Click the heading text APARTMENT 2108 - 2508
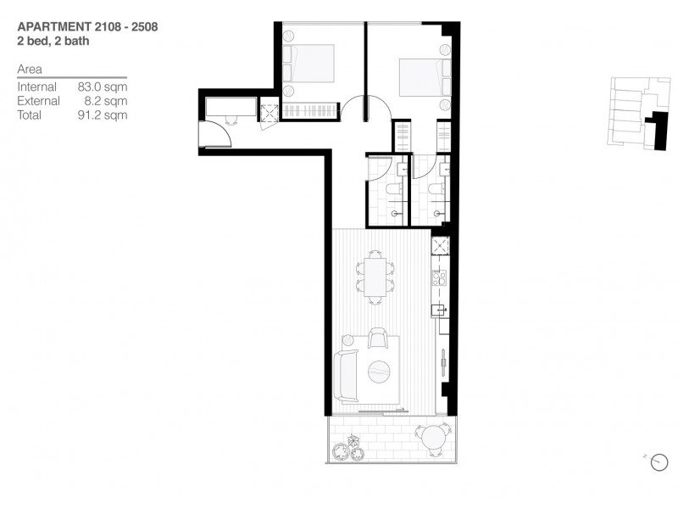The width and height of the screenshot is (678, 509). click(x=87, y=26)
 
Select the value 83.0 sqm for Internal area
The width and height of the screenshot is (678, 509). click(x=102, y=87)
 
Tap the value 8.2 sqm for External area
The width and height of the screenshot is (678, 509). click(x=105, y=101)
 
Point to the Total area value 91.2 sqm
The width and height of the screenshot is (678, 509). click(x=102, y=115)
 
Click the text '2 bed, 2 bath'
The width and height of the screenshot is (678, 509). click(x=53, y=40)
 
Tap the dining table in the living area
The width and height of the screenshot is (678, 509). click(x=374, y=277)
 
